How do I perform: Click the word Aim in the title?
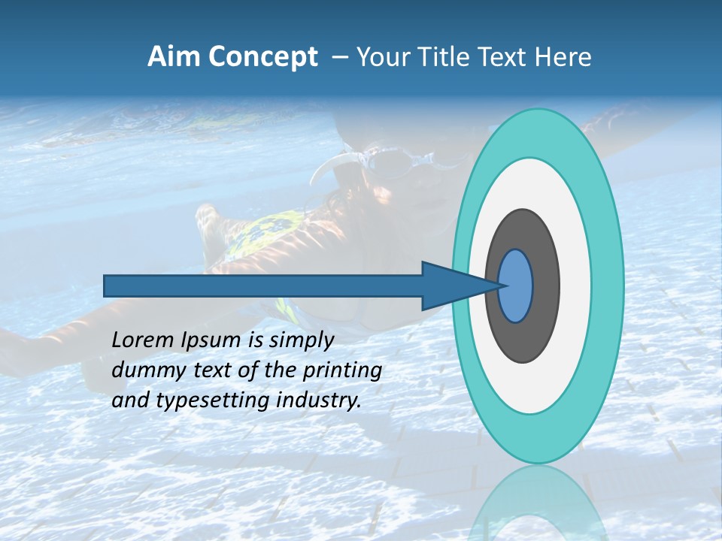coord(174,57)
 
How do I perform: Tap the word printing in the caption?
coord(342,371)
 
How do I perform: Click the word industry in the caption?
coord(318,400)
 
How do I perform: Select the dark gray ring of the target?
coord(543,286)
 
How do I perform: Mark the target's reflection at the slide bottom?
coord(538,503)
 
